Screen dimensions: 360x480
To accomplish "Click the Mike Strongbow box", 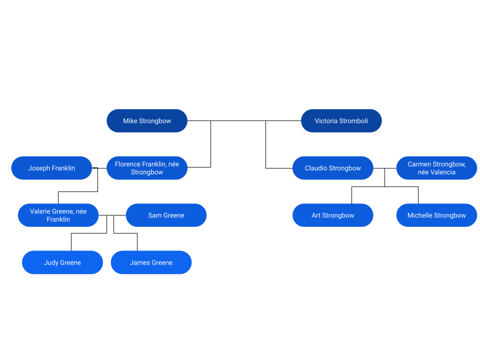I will coord(147,121).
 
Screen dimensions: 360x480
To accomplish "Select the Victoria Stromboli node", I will coord(341,121).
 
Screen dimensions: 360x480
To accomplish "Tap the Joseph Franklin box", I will coord(51,168).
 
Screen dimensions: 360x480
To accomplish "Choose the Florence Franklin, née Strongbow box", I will coord(147,168).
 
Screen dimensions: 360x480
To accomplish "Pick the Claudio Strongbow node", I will coord(333,168).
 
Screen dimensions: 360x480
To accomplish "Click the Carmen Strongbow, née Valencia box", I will coord(436,168).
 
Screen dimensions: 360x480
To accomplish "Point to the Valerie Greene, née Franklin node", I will coord(58,215).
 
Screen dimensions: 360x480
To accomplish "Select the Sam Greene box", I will coord(166,215).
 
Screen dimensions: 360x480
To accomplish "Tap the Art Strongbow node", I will coord(333,215).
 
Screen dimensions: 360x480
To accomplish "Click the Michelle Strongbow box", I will coord(436,215).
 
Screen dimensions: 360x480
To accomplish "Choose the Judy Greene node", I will coord(62,262).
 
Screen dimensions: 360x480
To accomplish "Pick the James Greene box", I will coord(151,262).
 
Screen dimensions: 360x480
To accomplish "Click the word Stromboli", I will coord(353,121).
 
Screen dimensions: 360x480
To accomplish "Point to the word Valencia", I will coord(443,172).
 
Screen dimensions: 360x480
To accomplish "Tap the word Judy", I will coord(51,262).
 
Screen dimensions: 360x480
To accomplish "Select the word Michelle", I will coord(419,215).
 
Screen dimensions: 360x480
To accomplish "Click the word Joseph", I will coord(39,168).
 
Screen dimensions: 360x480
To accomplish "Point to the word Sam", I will coord(154,215).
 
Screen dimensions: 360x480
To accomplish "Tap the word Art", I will coord(316,215).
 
